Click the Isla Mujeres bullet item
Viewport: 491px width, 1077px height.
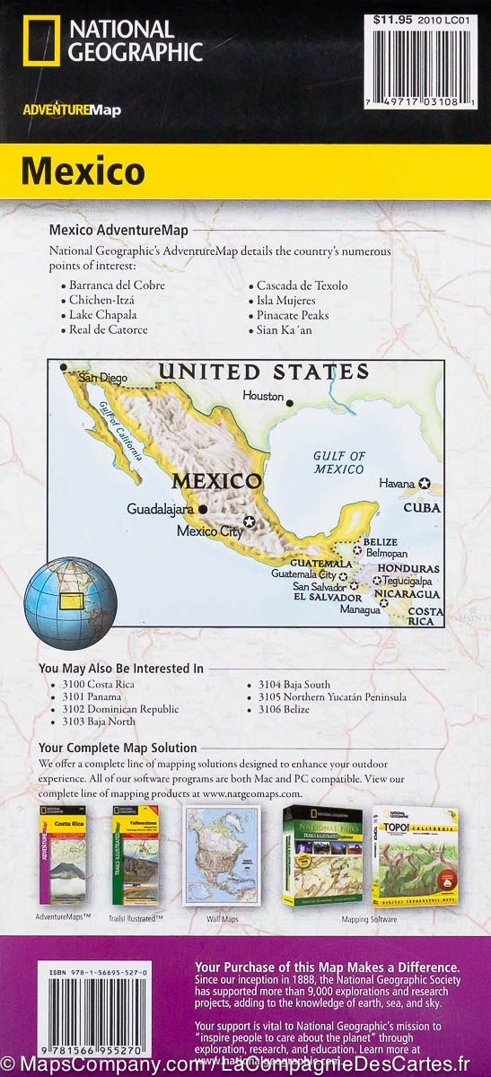pos(285,301)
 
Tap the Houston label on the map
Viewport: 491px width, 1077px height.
pos(262,396)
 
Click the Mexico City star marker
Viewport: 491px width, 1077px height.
pos(250,521)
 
